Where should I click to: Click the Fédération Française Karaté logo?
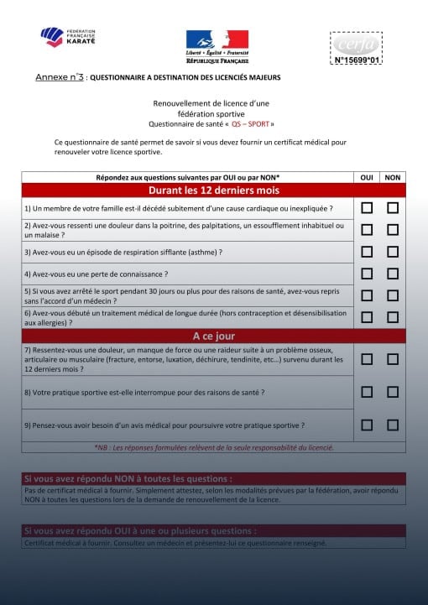tap(68, 37)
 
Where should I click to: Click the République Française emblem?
tap(217, 44)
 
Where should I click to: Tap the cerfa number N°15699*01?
tap(358, 60)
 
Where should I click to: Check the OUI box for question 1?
tap(367, 207)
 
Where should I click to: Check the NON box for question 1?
tap(392, 207)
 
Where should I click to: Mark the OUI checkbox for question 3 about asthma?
tap(367, 251)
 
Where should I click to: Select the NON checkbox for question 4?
tap(392, 274)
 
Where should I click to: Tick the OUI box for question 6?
tap(367, 317)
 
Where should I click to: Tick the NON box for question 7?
tap(392, 359)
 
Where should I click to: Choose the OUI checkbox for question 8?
tap(367, 392)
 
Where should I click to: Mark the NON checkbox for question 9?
tap(392, 425)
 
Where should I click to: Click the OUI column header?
tap(367, 177)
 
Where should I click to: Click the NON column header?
tap(392, 177)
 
